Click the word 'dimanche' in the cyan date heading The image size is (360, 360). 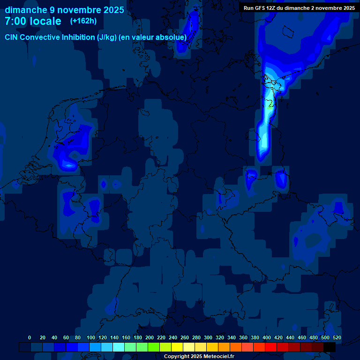tap(26, 10)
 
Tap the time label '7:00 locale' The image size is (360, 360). tap(33, 21)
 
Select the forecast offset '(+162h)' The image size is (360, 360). tap(83, 21)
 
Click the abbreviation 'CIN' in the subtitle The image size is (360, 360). tap(12, 37)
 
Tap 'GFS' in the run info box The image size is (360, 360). tap(261, 8)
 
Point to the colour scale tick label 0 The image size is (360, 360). tap(30, 337)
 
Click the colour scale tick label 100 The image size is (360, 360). tap(91, 337)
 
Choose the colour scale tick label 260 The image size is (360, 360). tap(185, 337)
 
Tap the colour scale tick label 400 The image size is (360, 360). tap(267, 337)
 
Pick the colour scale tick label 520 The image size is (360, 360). tap(337, 337)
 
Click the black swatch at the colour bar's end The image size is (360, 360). tap(330, 347)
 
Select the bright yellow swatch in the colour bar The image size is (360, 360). tap(177, 347)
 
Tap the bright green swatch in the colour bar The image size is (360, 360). tap(154, 347)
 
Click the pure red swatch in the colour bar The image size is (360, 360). tap(271, 347)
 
